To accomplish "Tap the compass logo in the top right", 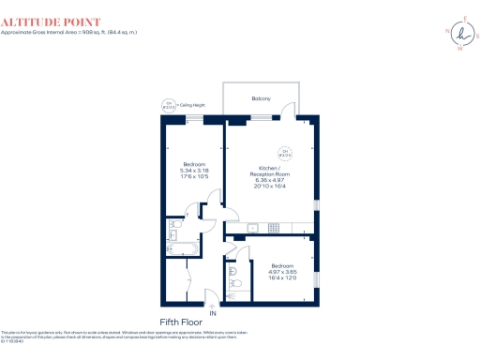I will (x=466, y=35).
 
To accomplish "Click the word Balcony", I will (x=262, y=98).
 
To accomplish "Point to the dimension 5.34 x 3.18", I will (x=195, y=171).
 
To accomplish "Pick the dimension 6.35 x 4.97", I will (x=269, y=181).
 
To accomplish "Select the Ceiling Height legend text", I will (x=191, y=106).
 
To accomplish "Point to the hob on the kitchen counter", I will (x=274, y=228).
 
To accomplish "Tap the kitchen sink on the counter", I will (x=251, y=228).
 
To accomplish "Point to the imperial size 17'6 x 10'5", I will (x=195, y=177).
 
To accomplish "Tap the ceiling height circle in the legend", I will (x=170, y=106).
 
